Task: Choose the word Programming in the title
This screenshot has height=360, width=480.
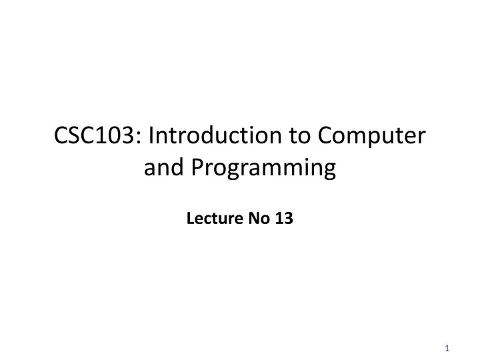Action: [x=263, y=170]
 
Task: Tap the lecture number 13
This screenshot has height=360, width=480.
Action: [x=283, y=218]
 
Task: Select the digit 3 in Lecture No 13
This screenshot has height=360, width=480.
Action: [x=287, y=218]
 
